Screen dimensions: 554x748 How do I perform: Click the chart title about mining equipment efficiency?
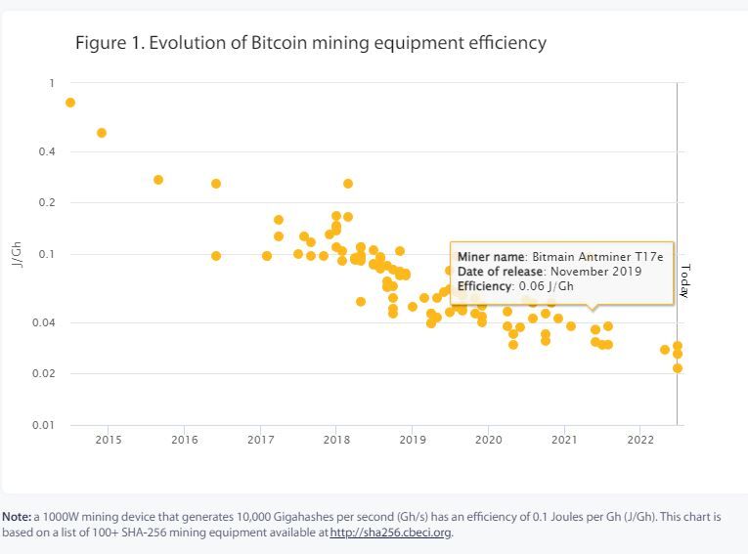[x=310, y=43]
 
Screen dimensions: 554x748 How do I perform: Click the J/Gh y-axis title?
[x=17, y=254]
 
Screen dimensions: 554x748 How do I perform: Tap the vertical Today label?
[x=684, y=280]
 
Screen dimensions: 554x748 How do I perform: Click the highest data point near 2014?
[x=70, y=103]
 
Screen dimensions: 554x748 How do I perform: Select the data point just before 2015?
[x=102, y=133]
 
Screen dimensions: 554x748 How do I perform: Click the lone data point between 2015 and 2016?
[x=158, y=180]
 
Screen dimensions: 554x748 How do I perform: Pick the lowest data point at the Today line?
[x=677, y=368]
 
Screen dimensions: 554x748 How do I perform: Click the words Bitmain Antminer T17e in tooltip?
[x=597, y=256]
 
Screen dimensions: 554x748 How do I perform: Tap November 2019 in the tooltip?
[x=596, y=271]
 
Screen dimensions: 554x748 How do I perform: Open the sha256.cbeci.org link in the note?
[x=391, y=533]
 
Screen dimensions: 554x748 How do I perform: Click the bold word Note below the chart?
[x=17, y=516]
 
